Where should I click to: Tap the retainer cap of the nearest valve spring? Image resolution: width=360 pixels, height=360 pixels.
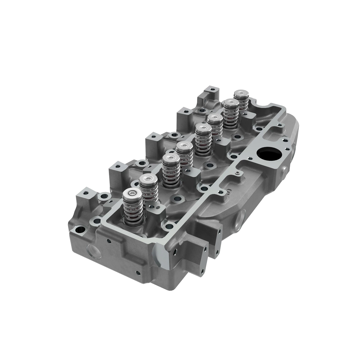(x=132, y=194)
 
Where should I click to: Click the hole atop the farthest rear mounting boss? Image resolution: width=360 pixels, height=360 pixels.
(x=212, y=89)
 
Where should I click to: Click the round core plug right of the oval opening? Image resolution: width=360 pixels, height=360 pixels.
(x=284, y=171)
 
